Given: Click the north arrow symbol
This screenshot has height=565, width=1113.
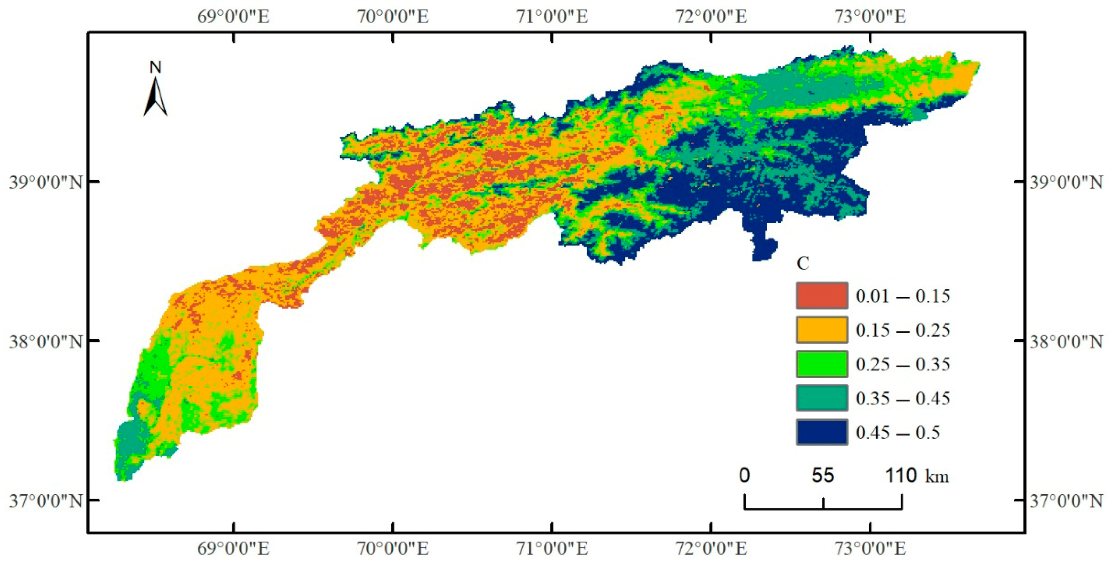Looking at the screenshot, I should pos(155,97).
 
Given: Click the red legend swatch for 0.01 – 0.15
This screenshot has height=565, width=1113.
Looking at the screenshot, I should pos(821,296).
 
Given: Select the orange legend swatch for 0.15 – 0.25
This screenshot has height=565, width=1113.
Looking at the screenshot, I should pos(821,330).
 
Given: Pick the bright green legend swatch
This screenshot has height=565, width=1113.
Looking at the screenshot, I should pos(821,364).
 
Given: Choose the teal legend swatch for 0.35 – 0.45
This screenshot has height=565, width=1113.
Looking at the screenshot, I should pos(821,398).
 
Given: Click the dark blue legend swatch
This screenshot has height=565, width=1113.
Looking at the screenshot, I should pos(821,432).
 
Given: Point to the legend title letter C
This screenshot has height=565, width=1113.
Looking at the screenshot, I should pos(803,263).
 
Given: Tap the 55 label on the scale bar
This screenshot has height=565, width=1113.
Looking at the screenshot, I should pos(823,476).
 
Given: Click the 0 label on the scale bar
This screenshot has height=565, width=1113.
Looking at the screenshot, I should pos(744,476).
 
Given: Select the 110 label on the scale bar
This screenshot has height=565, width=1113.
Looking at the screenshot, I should pos(901,476).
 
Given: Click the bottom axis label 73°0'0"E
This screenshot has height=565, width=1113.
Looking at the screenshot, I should pos(870,549).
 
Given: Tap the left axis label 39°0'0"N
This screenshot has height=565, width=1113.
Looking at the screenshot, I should pos(46,182).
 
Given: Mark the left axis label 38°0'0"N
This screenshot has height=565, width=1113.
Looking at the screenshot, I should pos(46,341).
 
